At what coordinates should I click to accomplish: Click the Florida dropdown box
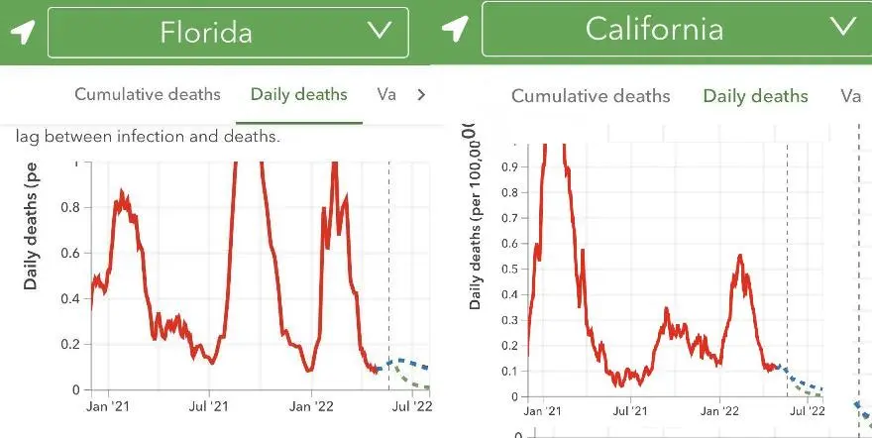click(x=228, y=32)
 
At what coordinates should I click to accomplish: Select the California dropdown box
click(x=670, y=29)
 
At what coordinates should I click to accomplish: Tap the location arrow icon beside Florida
click(x=22, y=32)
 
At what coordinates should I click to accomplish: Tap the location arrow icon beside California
click(x=455, y=30)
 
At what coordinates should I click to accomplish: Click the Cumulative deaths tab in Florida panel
click(x=148, y=94)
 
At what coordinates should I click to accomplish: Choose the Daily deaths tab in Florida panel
click(x=299, y=94)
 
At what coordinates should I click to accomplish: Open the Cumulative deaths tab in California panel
click(x=591, y=96)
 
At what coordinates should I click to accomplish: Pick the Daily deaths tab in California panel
click(x=755, y=96)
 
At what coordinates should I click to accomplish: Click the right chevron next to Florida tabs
click(x=421, y=95)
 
